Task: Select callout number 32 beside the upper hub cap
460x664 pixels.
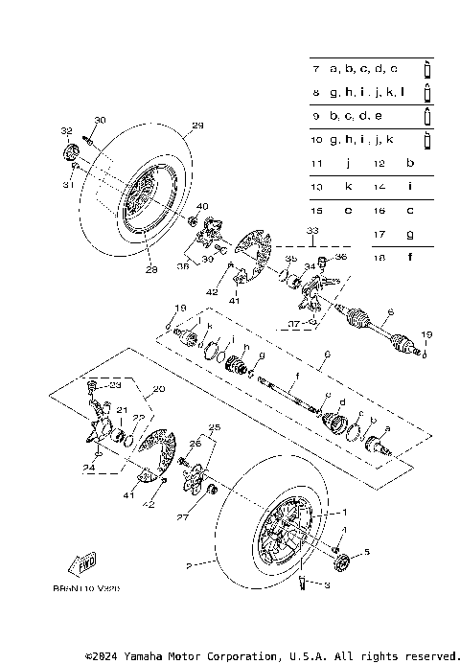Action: coord(66,130)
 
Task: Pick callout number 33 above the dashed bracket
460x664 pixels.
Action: coord(311,231)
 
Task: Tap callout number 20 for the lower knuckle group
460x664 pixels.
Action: coord(159,390)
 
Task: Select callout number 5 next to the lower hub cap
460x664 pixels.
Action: coord(364,552)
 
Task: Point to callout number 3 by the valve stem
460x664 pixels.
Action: coord(325,584)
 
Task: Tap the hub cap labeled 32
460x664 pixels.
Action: coord(69,152)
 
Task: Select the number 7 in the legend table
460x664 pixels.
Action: coord(315,69)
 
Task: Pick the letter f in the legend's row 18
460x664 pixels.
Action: coord(410,257)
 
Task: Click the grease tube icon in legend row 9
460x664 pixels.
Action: coord(428,116)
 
